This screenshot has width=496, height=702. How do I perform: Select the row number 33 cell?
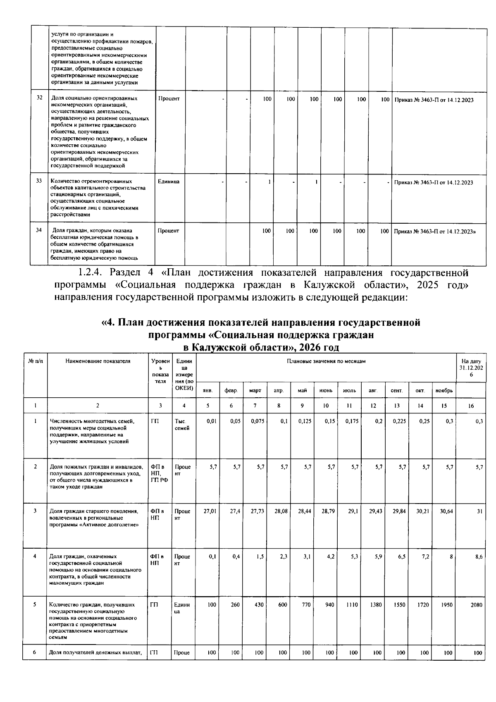(39, 181)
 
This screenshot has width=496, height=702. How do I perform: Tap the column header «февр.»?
(231, 390)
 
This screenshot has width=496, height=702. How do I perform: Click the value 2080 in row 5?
(476, 604)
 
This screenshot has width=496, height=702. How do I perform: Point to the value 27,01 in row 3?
(210, 511)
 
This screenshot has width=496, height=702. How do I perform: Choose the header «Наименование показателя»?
(98, 361)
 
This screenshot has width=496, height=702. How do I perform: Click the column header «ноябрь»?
(444, 390)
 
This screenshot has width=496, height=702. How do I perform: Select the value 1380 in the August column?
(375, 604)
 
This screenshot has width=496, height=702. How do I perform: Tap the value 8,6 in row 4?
(479, 556)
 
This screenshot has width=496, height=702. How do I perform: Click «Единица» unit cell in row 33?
(169, 181)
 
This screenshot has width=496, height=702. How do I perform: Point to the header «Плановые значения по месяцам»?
(326, 361)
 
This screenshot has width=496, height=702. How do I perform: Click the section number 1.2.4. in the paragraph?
(93, 273)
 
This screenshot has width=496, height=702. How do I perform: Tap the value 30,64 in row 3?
(446, 511)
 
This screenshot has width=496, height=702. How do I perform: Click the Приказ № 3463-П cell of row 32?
(434, 100)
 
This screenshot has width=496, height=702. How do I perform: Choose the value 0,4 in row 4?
(236, 556)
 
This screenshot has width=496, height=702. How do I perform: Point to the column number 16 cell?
(471, 406)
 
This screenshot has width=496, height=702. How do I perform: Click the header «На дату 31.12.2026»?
(471, 368)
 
